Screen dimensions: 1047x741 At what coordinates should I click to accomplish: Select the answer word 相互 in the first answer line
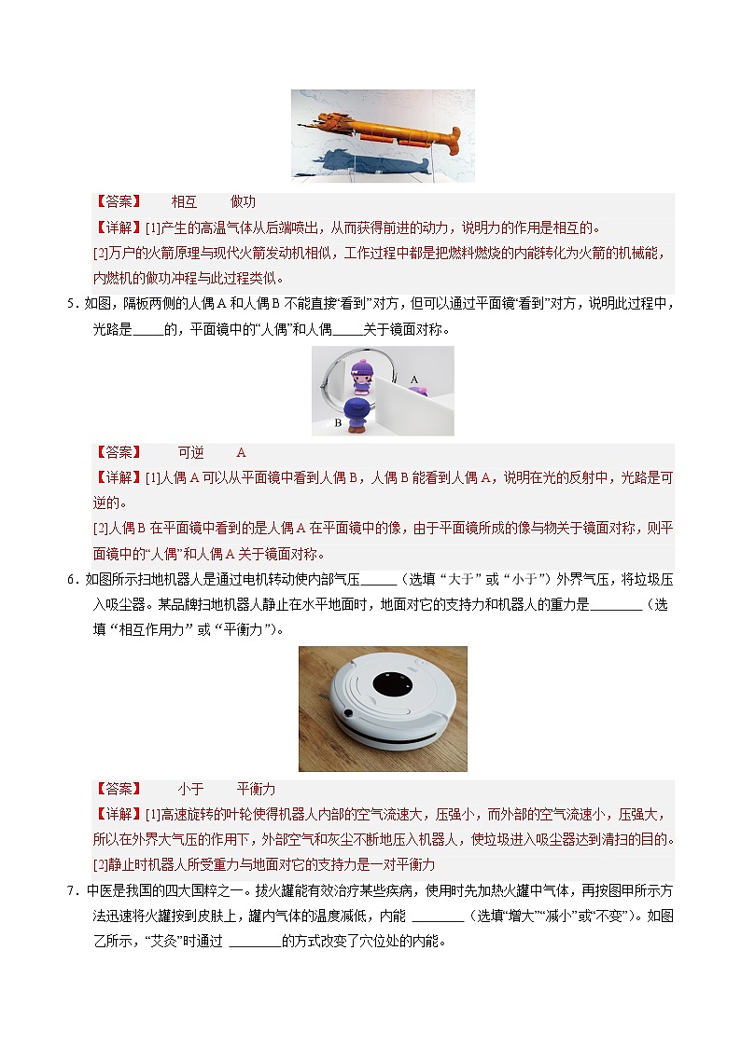(x=184, y=202)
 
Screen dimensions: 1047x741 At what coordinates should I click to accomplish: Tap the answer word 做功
(x=243, y=202)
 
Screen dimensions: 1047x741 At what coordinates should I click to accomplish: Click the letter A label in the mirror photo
(x=414, y=379)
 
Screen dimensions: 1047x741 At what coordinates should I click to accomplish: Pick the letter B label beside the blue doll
(x=338, y=422)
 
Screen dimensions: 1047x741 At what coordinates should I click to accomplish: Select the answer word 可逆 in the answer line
(x=190, y=452)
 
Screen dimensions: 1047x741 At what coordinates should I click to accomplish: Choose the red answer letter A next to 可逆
(x=241, y=452)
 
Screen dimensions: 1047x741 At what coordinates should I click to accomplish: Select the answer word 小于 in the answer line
(x=190, y=789)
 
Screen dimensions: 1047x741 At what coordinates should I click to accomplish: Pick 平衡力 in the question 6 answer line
(x=256, y=789)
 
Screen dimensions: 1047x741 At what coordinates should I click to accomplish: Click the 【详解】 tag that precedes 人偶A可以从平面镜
(x=119, y=477)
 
